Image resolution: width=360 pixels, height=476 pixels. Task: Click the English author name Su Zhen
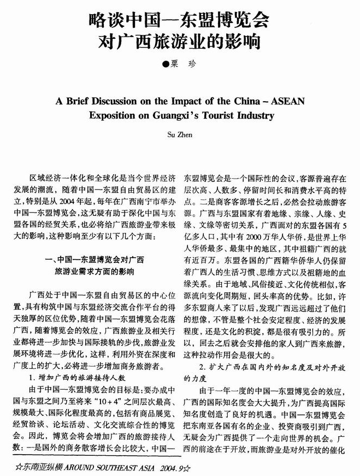(x=180, y=132)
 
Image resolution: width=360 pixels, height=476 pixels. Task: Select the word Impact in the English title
(x=179, y=102)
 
